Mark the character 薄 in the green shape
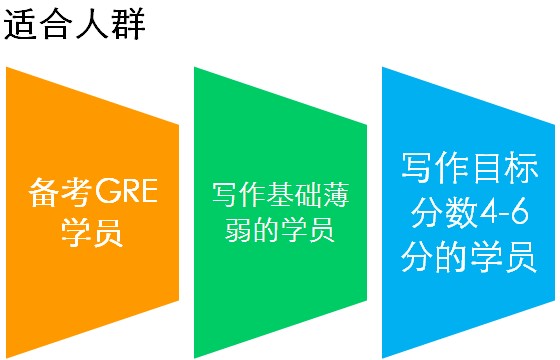335,193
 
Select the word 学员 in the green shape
313,231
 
